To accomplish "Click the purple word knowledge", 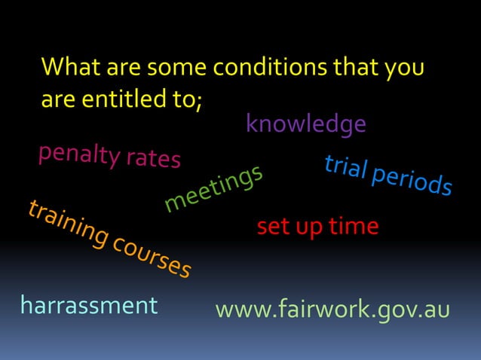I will [306, 124].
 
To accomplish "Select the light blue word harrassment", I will [89, 305].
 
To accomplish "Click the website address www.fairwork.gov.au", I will [332, 309].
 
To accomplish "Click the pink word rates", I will [153, 159].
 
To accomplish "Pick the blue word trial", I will [345, 169].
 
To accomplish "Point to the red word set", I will [272, 226].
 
